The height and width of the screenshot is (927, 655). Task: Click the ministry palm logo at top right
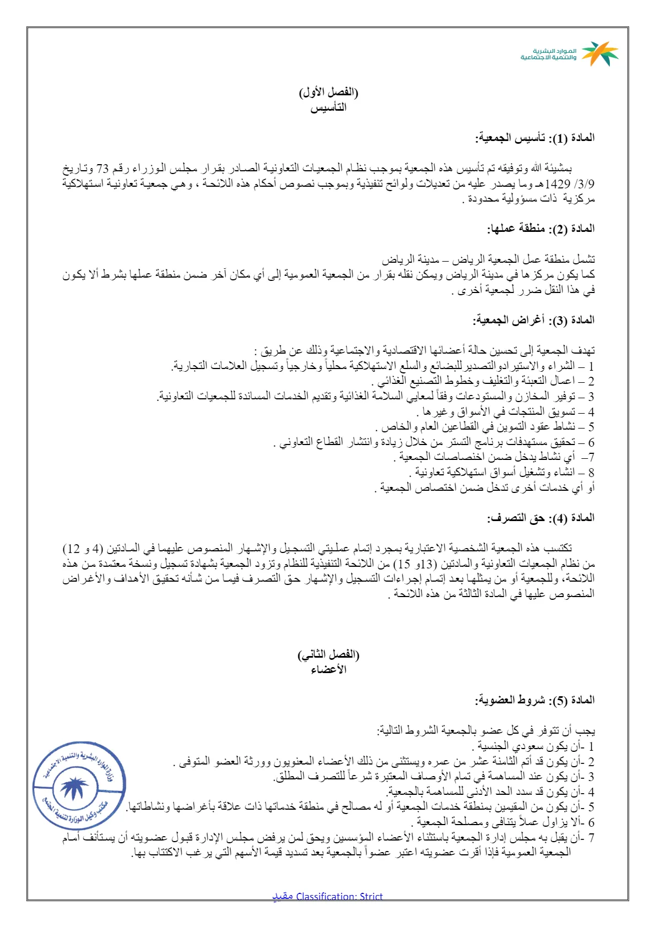pyautogui.click(x=600, y=53)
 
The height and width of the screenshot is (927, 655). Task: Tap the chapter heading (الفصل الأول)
pyautogui.click(x=328, y=92)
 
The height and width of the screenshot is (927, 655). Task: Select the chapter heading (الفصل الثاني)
pyautogui.click(x=328, y=655)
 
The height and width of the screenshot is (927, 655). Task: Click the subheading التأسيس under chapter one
pyautogui.click(x=328, y=107)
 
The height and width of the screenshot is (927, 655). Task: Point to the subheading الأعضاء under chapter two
pyautogui.click(x=328, y=670)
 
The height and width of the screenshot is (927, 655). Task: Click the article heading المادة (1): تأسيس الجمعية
pyautogui.click(x=535, y=138)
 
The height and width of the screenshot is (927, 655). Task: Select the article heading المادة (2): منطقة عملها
pyautogui.click(x=541, y=229)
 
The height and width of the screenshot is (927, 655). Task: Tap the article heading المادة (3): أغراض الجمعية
pyautogui.click(x=533, y=320)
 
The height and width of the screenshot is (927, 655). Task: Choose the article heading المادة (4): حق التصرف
pyautogui.click(x=541, y=518)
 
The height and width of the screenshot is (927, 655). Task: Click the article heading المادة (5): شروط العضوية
pyautogui.click(x=534, y=700)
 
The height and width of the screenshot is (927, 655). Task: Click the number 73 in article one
pyautogui.click(x=103, y=169)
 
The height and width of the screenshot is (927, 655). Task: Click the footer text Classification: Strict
pyautogui.click(x=339, y=896)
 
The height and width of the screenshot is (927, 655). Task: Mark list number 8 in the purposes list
pyautogui.click(x=591, y=473)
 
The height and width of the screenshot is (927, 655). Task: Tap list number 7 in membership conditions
pyautogui.click(x=591, y=838)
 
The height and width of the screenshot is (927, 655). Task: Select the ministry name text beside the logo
pyautogui.click(x=548, y=54)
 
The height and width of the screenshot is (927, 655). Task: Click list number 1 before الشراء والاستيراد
pyautogui.click(x=591, y=366)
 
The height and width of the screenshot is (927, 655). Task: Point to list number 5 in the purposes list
pyautogui.click(x=591, y=427)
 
